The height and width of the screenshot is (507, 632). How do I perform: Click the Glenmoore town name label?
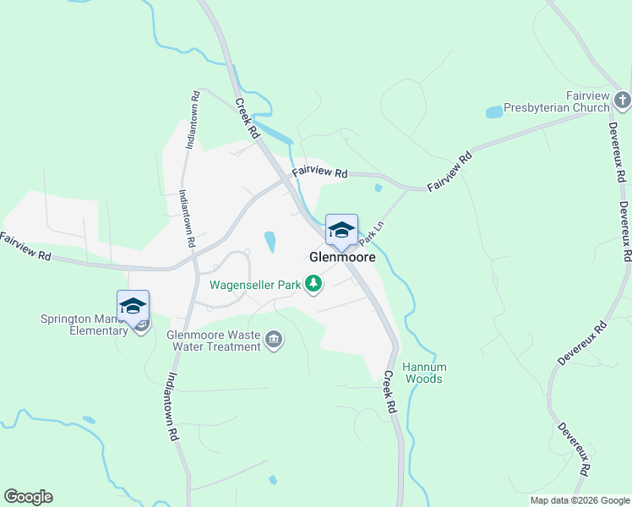point(342,257)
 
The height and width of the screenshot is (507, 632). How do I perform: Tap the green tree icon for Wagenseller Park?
point(314,285)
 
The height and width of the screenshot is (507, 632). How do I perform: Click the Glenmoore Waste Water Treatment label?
point(214,340)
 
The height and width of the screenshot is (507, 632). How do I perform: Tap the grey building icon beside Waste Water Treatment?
point(274,340)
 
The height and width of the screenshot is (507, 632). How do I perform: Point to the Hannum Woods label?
point(423,373)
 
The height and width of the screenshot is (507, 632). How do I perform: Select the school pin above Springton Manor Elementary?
point(133,307)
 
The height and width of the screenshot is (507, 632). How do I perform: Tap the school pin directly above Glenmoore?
point(341,231)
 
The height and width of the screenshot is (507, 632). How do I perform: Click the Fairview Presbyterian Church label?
point(556,102)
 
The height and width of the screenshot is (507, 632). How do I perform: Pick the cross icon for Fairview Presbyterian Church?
point(622,102)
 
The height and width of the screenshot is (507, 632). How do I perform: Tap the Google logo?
point(28,497)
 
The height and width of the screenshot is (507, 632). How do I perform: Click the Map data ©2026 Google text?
point(580,500)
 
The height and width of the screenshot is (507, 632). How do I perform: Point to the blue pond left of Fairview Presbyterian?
point(493,112)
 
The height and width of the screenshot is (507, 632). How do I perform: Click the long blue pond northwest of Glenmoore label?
point(270,243)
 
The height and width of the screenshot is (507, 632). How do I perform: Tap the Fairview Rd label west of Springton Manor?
point(25,247)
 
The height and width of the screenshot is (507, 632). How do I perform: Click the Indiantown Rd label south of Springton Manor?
point(172,406)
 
